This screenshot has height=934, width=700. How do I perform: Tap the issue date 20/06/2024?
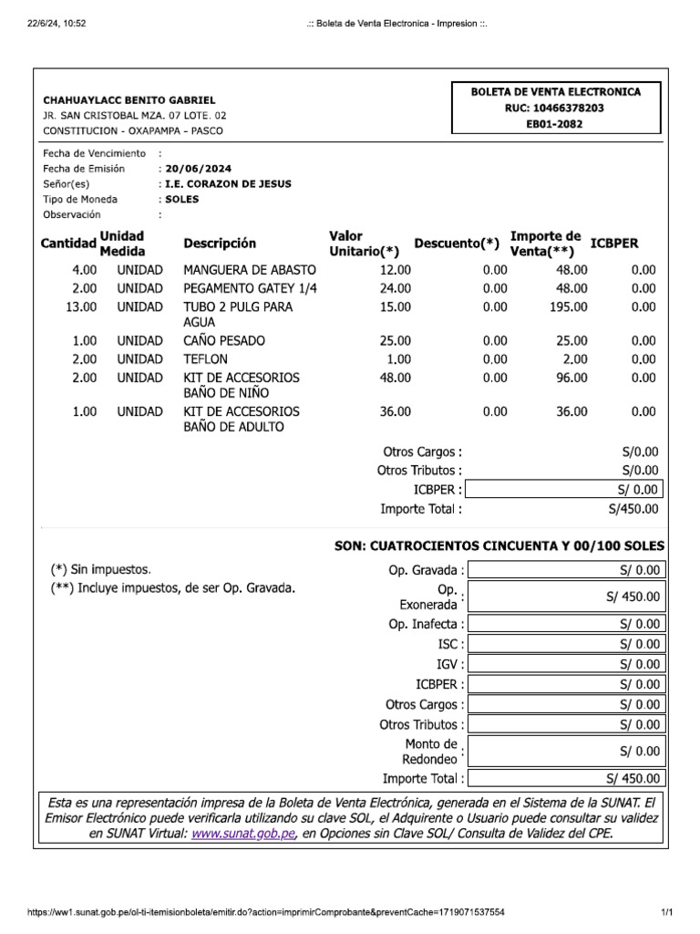click(x=197, y=169)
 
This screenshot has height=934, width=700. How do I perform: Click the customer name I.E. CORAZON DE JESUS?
click(x=228, y=184)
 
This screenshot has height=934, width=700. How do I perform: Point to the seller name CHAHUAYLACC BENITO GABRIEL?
click(x=129, y=99)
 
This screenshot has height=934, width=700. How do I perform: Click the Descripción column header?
click(x=220, y=244)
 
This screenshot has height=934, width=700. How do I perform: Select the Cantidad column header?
click(x=68, y=244)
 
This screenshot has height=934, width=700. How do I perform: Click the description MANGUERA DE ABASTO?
click(x=250, y=270)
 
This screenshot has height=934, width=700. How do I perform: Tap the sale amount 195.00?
click(x=568, y=306)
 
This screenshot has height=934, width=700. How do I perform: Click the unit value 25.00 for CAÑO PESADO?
click(x=395, y=340)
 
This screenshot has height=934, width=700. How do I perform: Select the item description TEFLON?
click(x=205, y=358)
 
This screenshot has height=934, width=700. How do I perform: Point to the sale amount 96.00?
click(x=571, y=377)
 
